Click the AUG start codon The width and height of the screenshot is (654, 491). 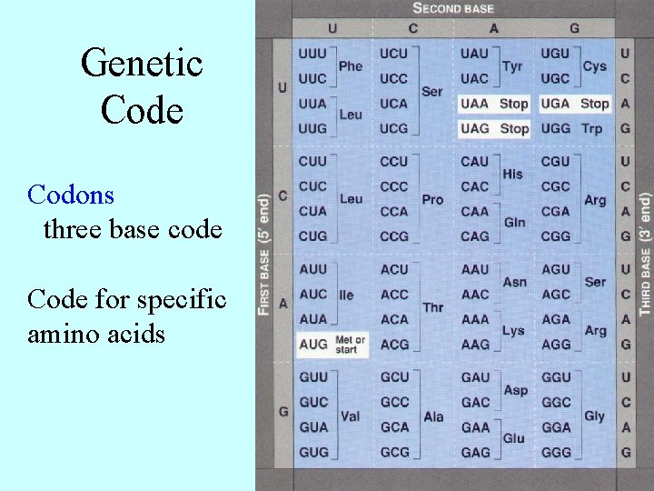point(312,345)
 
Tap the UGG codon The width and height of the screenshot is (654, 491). point(555,128)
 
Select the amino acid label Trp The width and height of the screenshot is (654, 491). point(592,128)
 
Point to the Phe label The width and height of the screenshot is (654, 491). point(351,65)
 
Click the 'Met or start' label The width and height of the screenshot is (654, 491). point(350,345)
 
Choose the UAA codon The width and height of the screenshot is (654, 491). point(474,104)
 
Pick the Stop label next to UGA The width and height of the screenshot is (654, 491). point(594,104)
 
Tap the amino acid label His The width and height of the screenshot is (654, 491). point(512,174)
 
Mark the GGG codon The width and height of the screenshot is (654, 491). point(556,452)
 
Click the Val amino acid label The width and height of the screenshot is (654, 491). point(350,416)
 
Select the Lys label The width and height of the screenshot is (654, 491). point(513,331)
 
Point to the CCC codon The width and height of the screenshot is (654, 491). point(394,186)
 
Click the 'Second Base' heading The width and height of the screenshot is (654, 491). point(453,8)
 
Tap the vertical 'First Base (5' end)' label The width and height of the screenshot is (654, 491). point(264,254)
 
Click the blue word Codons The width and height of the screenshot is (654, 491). point(71,195)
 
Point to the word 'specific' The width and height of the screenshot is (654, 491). point(177,299)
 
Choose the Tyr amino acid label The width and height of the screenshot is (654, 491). point(512,65)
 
